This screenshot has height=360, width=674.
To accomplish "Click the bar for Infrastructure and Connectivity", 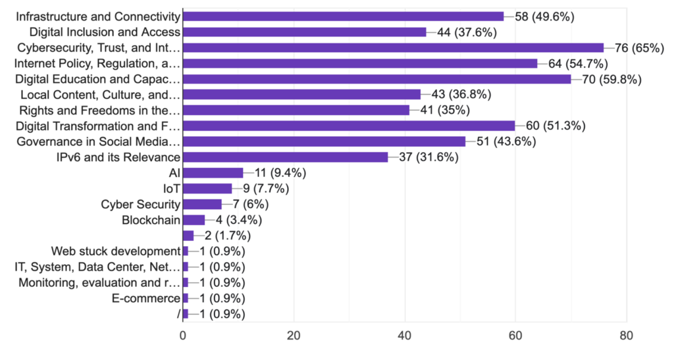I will click(x=343, y=16).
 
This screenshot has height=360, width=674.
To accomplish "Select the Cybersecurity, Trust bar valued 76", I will click(x=393, y=47).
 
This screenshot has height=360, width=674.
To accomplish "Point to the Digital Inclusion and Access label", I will click(x=105, y=32).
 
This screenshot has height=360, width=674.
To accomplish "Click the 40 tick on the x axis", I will click(x=405, y=334).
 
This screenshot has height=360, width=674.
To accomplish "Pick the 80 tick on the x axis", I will click(x=627, y=334).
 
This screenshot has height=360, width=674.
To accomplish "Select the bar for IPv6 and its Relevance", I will click(x=285, y=157).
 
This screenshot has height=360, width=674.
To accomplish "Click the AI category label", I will click(x=174, y=173).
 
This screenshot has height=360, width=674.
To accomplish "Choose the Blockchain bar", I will click(x=194, y=220).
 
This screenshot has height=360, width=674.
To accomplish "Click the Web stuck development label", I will click(x=116, y=251).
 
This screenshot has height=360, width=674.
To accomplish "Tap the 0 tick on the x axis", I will click(x=183, y=334).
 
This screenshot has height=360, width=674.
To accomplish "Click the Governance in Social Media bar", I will click(x=324, y=141).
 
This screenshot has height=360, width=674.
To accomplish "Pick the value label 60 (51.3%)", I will click(x=555, y=126).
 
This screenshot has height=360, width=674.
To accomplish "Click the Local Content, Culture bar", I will click(x=302, y=94).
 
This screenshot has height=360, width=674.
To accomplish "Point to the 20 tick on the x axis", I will click(x=294, y=334).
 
